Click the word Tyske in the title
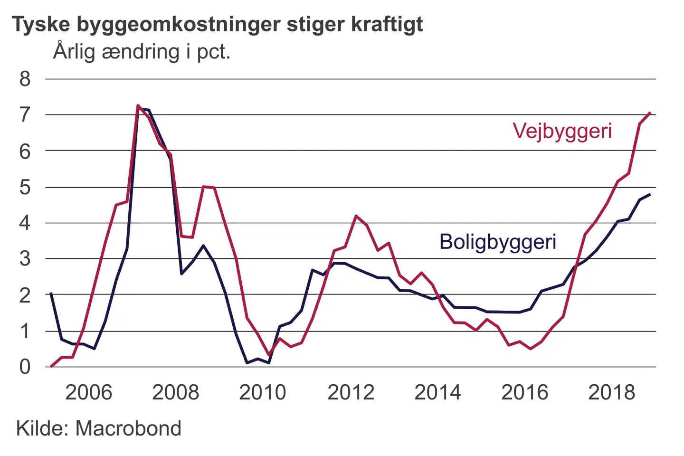41,24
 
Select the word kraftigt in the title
387,24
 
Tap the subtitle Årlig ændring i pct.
142,51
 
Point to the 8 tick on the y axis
25,79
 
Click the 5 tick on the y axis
25,187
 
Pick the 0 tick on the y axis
25,367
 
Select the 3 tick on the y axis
25,259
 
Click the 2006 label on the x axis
88,392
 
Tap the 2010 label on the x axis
263,392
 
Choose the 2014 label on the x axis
437,392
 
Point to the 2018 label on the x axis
612,392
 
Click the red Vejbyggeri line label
562,131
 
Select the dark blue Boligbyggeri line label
497,242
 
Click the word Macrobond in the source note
128,428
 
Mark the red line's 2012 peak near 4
356,216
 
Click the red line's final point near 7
649,113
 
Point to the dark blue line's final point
649,194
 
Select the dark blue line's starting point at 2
51,294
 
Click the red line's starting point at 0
51,366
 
